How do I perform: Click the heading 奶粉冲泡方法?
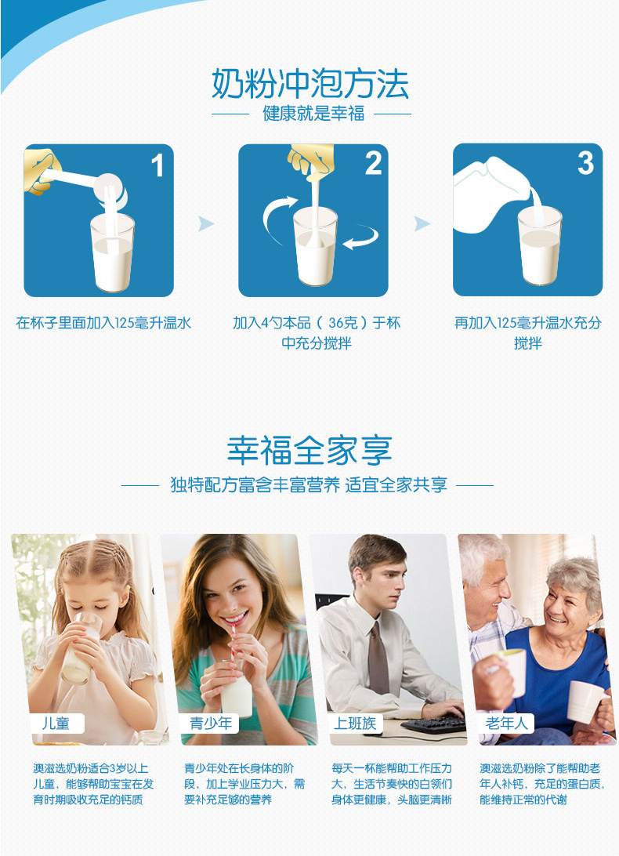[310, 84]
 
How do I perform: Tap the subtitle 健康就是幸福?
[313, 114]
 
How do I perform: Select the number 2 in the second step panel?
[374, 163]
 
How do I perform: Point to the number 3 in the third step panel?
[586, 163]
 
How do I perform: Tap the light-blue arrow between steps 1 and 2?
[206, 223]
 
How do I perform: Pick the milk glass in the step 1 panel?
[112, 252]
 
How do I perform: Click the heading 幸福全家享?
[310, 451]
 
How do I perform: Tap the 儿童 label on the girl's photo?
[56, 724]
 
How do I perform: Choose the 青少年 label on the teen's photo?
[211, 724]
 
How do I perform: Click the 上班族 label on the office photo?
[355, 724]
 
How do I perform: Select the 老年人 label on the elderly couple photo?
[506, 724]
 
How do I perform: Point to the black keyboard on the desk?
[433, 724]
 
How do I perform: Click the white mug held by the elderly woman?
[586, 702]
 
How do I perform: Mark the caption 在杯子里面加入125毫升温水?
[103, 323]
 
